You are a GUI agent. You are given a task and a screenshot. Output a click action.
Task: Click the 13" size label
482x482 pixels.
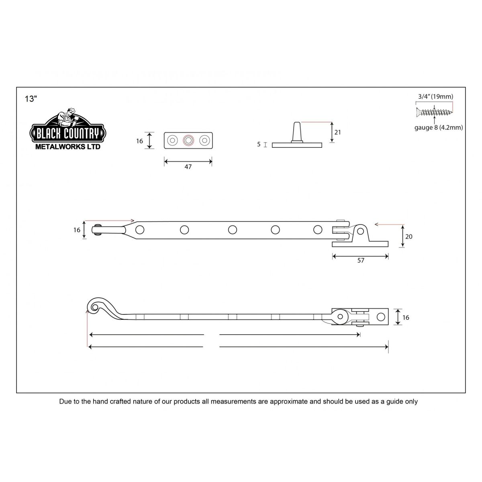(x=31, y=99)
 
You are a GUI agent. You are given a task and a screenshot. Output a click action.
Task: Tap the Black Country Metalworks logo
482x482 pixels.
(x=68, y=129)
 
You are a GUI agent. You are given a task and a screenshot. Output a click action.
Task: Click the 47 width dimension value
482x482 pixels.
(x=188, y=167)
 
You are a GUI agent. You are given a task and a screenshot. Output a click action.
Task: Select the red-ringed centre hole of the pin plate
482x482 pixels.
(x=188, y=140)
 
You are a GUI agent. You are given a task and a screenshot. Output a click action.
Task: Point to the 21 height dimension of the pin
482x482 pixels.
(x=338, y=132)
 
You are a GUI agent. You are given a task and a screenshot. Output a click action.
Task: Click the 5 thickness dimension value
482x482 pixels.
(x=259, y=144)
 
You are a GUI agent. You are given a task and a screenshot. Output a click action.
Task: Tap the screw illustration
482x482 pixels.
(x=435, y=112)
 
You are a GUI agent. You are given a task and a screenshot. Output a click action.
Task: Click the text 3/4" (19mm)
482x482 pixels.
(x=436, y=96)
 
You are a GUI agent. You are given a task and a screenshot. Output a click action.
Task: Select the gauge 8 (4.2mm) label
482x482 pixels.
(x=439, y=128)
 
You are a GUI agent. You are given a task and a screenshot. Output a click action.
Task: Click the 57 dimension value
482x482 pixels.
(x=361, y=260)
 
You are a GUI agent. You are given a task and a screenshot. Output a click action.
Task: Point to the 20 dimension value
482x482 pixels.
(x=409, y=236)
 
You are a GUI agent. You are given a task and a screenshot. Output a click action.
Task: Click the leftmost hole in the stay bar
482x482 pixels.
(x=140, y=230)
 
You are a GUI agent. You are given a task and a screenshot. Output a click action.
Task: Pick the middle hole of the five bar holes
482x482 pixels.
(x=233, y=230)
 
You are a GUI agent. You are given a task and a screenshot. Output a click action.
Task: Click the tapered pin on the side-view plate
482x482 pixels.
(x=297, y=132)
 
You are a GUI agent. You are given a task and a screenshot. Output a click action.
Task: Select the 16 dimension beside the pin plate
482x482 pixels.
(x=139, y=141)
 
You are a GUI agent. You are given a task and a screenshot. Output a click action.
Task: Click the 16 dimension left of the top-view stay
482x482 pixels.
(x=77, y=230)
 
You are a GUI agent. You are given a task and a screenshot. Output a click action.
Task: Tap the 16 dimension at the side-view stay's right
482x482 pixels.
(x=406, y=317)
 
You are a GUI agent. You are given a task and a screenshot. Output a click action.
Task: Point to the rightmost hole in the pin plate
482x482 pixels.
(x=204, y=140)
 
